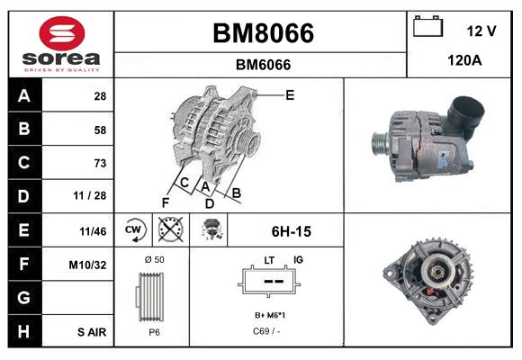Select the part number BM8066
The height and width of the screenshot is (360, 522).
(262, 33)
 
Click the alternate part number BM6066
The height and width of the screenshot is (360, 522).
(262, 65)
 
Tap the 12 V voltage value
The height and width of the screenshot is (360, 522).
(481, 31)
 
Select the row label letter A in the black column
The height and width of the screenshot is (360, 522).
(24, 96)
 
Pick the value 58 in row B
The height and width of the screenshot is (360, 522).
(99, 130)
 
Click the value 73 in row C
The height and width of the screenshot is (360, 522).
(99, 164)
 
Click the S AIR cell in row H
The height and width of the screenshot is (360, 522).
(92, 332)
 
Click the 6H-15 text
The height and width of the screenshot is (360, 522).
(291, 231)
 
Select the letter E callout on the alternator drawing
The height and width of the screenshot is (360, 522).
(290, 94)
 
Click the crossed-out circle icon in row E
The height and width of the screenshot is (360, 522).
(170, 230)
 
